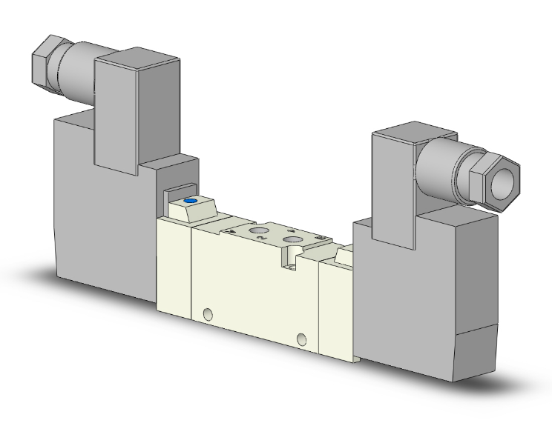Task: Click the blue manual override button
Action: [x=189, y=200]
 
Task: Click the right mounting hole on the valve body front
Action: [x=300, y=339]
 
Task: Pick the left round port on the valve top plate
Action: [x=259, y=234]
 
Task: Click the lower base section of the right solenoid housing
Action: [x=475, y=356]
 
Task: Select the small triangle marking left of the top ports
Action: [x=233, y=232]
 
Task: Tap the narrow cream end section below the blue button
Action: [x=174, y=274]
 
